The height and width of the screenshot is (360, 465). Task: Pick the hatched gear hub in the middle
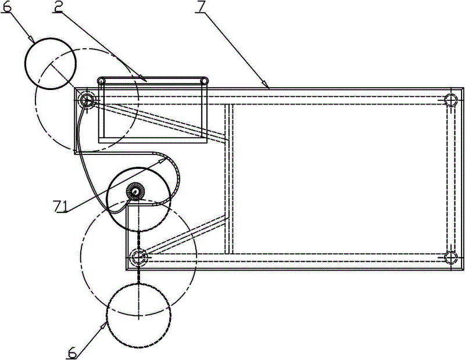pyautogui.click(x=134, y=191)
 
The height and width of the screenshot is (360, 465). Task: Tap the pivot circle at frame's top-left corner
pyautogui.click(x=87, y=100)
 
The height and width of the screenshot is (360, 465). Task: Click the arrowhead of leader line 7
pyautogui.click(x=269, y=86)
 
